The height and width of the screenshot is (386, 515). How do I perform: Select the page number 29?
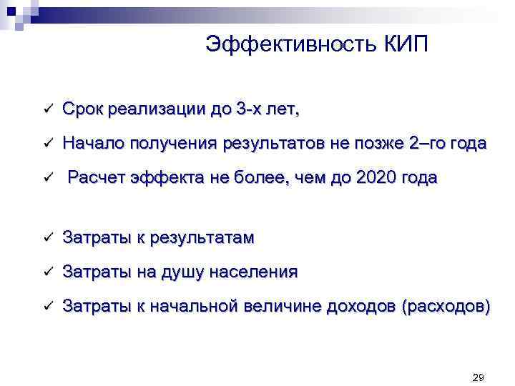click(479, 377)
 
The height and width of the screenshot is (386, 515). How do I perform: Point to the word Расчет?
click(97, 178)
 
